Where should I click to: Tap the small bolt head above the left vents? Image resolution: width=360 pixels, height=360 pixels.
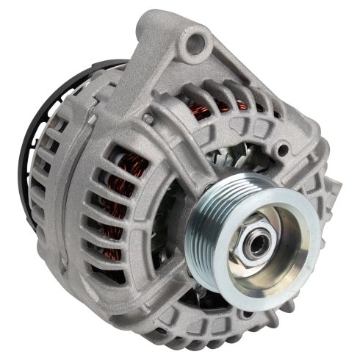pyautogui.click(x=148, y=118)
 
